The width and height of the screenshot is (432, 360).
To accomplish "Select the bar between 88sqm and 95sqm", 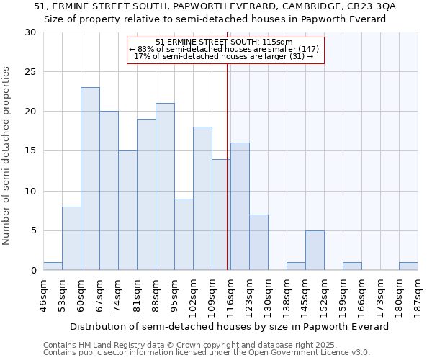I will point(165,186).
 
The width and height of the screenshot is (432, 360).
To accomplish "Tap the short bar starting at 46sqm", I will point(53,266).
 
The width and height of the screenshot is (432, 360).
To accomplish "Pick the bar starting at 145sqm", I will point(315,250).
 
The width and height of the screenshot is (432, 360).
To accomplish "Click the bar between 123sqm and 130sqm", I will point(258,242).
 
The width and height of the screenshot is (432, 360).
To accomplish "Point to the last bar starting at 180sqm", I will point(408,266).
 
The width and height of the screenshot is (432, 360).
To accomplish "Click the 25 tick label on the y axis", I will point(30,72).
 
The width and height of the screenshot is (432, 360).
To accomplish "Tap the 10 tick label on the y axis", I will point(30,191).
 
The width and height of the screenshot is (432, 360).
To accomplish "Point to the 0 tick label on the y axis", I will point(33,270).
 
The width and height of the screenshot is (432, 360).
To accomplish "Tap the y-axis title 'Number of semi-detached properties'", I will point(6,156).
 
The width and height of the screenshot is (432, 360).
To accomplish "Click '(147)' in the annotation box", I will point(307,49).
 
